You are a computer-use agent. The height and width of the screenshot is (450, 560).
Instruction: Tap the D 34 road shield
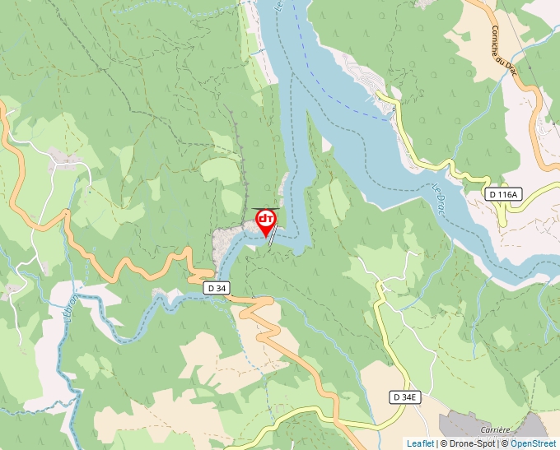coord(216,287)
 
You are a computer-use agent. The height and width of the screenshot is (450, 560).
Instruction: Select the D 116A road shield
coord(502,195)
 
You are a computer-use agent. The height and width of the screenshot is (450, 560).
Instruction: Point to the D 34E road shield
coord(405,397)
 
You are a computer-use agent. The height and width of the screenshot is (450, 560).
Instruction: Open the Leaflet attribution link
coord(420,443)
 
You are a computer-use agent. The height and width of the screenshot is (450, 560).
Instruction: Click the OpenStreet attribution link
coord(533,443)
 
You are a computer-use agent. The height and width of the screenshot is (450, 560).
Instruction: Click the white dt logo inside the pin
coord(265,219)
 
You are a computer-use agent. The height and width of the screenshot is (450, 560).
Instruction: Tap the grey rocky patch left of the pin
coord(224,243)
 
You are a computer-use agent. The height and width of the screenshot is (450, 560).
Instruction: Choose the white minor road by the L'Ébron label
coord(49,329)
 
